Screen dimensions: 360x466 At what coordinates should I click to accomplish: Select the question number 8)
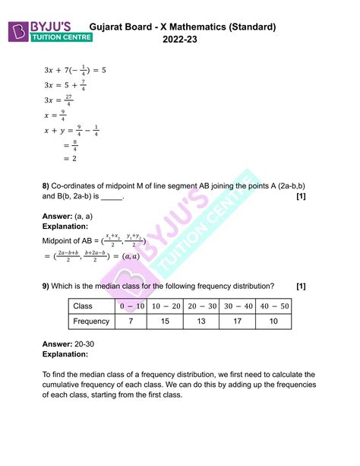click(x=47, y=185)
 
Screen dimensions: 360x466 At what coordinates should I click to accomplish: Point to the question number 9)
click(x=47, y=286)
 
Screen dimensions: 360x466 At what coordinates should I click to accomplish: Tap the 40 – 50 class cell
click(x=274, y=306)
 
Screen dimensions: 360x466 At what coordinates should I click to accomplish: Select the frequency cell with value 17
click(x=237, y=322)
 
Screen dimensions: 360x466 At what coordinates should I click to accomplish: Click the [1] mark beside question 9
click(x=302, y=286)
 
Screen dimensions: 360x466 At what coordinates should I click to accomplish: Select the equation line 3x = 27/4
click(x=59, y=99)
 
